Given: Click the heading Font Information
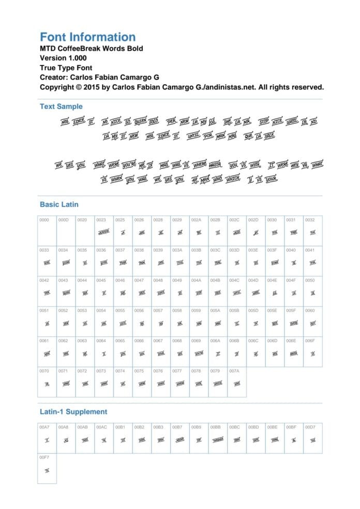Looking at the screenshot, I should tap(87, 37).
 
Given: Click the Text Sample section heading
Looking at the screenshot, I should tap(61, 106).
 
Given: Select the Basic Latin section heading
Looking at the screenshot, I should tap(59, 204).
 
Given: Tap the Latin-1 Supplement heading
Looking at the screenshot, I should tap(73, 412).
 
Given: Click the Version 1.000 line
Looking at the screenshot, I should tap(63, 58).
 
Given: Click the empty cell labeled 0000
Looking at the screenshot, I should tap(47, 230).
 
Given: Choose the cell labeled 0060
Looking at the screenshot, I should tap(313, 321).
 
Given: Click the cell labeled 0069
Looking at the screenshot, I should tap(199, 351).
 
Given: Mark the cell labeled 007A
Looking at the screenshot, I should tap(237, 382).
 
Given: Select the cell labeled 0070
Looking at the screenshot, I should tap(47, 382).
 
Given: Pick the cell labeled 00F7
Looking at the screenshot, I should tap(47, 468).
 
